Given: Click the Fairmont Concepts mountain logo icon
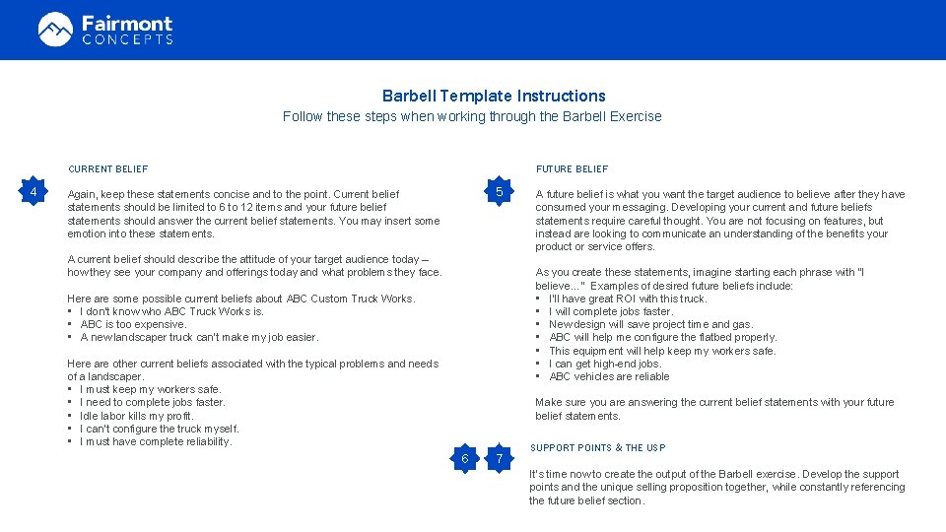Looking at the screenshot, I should (55, 30).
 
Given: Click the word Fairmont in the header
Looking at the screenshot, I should (127, 23).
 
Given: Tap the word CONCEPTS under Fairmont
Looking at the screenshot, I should (127, 39).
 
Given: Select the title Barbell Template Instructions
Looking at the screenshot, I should (494, 96).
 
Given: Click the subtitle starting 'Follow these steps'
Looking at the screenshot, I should (472, 116).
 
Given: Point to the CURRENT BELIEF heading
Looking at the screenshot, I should (107, 169).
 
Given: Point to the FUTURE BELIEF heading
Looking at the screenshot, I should (572, 169).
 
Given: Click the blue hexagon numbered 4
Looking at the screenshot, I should (34, 191).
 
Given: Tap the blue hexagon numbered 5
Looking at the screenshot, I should (500, 191).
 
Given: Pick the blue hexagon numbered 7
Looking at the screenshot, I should (500, 459).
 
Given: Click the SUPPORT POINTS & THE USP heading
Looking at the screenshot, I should (597, 448).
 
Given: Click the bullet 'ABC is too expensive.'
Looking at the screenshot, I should (133, 324).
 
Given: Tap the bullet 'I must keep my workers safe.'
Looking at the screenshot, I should (150, 389).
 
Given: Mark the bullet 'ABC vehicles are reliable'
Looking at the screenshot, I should (609, 376).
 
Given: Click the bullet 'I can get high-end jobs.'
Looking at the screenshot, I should (605, 364).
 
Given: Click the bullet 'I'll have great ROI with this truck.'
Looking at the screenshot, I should (628, 299).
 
